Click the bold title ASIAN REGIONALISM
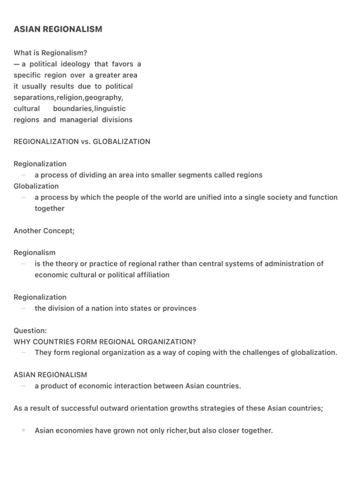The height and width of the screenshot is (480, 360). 58,30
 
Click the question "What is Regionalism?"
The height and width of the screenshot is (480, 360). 51,53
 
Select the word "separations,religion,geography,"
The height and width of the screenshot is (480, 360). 68,97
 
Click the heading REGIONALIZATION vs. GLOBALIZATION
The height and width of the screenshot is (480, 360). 82,142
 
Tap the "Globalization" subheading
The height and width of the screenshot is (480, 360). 36,186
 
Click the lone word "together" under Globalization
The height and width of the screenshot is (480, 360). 49,209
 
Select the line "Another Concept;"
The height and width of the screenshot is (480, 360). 44,231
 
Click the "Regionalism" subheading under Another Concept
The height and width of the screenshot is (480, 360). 34,253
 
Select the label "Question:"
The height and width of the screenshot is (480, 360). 30,331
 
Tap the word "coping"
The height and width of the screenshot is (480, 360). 199,353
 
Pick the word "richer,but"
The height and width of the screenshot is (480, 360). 183,430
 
